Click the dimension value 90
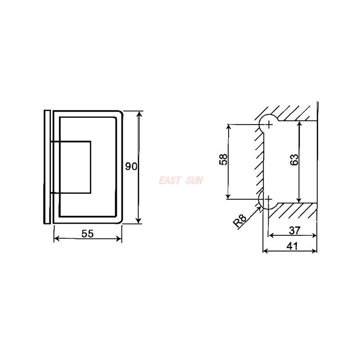131,166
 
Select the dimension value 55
88,234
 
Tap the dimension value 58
223,159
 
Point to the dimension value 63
294,159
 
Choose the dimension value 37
295,230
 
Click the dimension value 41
292,246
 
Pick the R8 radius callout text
239,220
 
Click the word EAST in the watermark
169,180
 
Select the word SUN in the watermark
194,180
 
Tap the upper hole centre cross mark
269,125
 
